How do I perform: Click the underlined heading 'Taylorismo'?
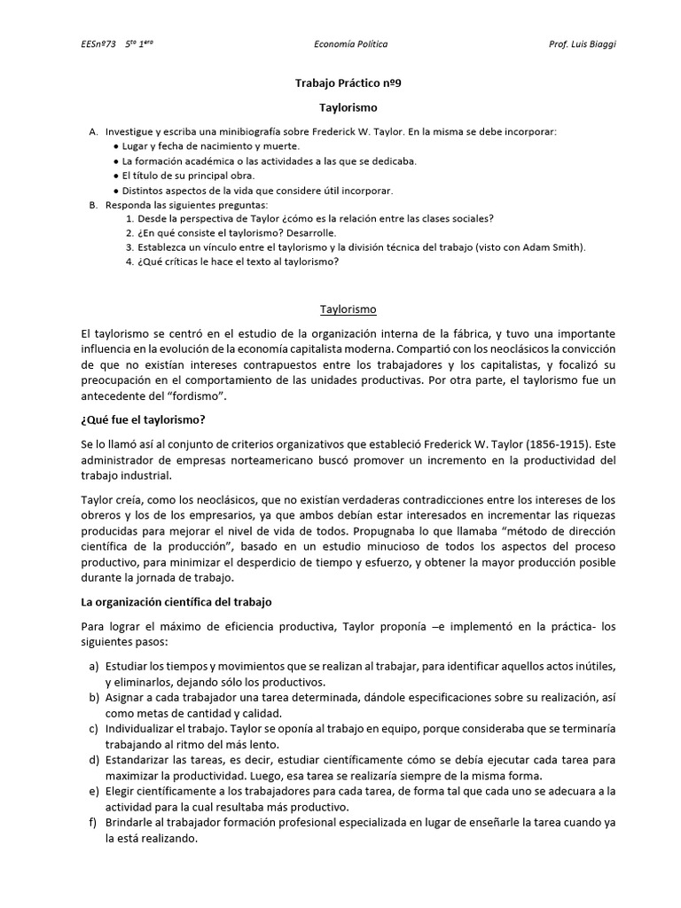[348, 309]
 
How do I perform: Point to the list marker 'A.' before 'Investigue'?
[93, 131]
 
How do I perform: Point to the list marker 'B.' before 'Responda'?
[93, 204]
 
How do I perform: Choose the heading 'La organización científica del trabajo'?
[176, 602]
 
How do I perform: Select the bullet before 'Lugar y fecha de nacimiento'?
[117, 146]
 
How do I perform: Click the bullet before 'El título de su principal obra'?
[117, 176]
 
